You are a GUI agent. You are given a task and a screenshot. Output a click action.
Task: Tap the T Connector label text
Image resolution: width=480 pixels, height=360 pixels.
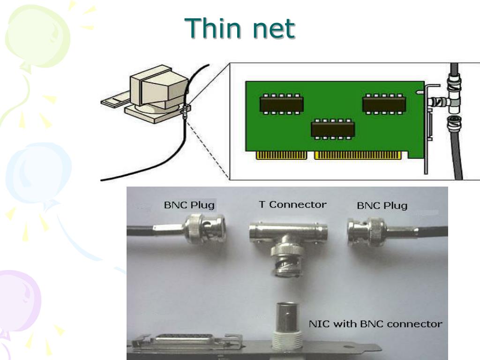(292, 204)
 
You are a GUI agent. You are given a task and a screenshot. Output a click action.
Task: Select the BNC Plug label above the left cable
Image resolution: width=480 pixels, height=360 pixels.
(189, 205)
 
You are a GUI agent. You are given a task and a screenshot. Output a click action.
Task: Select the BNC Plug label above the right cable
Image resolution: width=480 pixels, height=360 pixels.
(382, 205)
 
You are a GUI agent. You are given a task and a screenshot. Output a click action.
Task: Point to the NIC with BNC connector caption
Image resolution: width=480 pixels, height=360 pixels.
(375, 324)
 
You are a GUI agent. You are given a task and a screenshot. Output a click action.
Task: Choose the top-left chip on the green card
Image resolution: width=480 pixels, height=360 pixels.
(282, 104)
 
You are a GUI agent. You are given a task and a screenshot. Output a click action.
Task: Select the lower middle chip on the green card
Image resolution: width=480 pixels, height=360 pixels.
(333, 128)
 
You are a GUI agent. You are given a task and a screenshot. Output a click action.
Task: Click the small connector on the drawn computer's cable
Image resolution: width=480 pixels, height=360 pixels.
(186, 111)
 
